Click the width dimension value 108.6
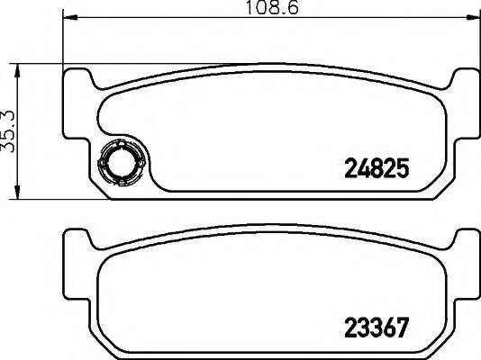pyautogui.click(x=269, y=8)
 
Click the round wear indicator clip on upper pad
pyautogui.click(x=117, y=163)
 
